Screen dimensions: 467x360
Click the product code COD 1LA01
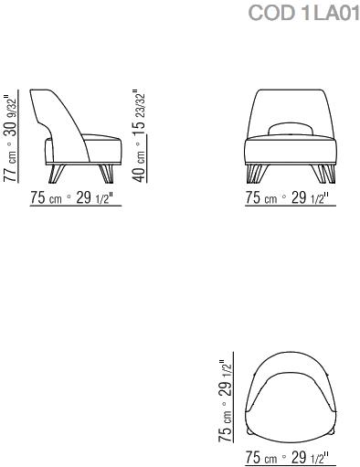coord(303,13)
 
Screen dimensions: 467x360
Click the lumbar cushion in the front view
coord(286,127)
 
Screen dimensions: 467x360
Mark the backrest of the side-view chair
coord(57,110)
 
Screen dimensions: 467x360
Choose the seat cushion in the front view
coord(286,149)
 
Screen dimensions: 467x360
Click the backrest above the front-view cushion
coord(286,105)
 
